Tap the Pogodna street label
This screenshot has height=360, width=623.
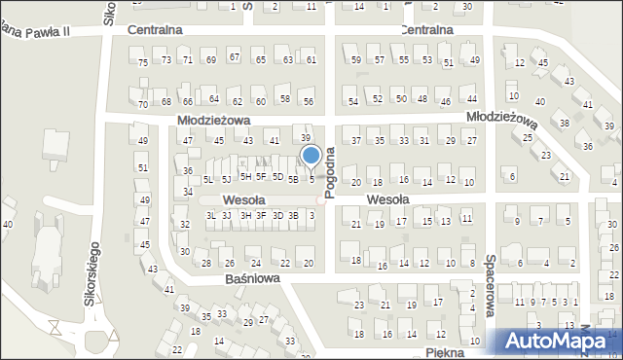pyautogui.click(x=331, y=172)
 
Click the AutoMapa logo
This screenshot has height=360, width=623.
pyautogui.click(x=556, y=341)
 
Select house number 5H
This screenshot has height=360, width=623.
pyautogui.click(x=245, y=176)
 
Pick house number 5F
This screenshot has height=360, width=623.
pyautogui.click(x=261, y=176)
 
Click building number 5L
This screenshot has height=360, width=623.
pyautogui.click(x=208, y=179)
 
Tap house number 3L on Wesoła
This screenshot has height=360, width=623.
pyautogui.click(x=211, y=215)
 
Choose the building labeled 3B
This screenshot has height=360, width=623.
pyautogui.click(x=293, y=215)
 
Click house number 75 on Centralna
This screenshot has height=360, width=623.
pyautogui.click(x=143, y=62)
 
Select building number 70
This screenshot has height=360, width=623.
pyautogui.click(x=143, y=104)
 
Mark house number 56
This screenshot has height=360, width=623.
pyautogui.click(x=308, y=101)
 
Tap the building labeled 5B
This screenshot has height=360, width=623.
pyautogui.click(x=292, y=179)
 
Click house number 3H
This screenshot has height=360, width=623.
pyautogui.click(x=245, y=215)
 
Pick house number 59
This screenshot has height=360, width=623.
pyautogui.click(x=355, y=60)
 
